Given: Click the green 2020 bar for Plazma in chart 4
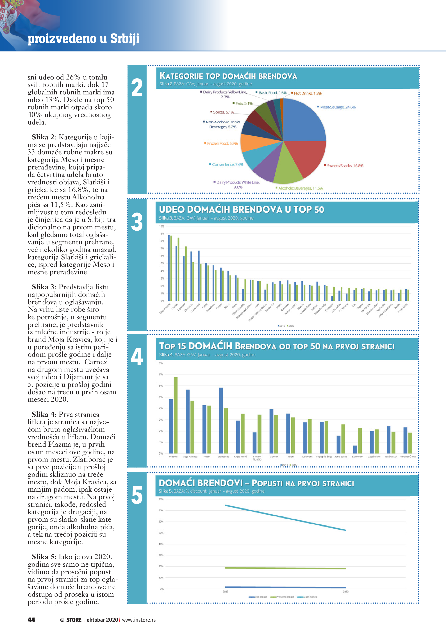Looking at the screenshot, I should [176, 415].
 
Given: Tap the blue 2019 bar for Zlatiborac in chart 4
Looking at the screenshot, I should [221, 421].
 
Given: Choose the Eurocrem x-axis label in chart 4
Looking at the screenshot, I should [357, 457].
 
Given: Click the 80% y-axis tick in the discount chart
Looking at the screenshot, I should [161, 499].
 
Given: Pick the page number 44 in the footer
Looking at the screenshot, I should [31, 620].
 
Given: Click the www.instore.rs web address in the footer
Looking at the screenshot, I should [139, 620].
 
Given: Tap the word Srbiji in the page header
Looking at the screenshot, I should [125, 38].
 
